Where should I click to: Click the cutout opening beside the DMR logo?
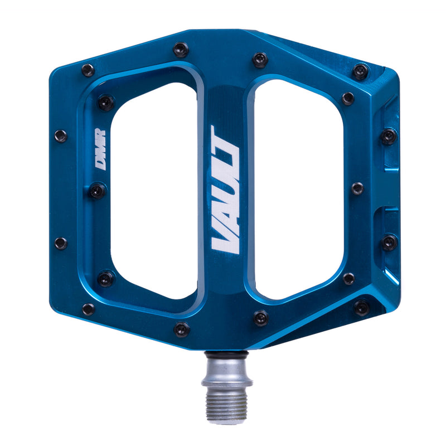point(153,184)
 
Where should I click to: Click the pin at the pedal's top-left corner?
point(88,70)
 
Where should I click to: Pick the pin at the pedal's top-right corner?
point(361,71)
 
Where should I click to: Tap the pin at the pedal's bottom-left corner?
point(88,309)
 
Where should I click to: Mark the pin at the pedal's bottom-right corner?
point(361,307)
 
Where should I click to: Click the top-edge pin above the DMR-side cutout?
point(181,50)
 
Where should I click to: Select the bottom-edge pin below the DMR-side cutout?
point(181,329)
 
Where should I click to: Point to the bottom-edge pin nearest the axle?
point(260,318)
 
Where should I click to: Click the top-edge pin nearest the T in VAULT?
point(260,60)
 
